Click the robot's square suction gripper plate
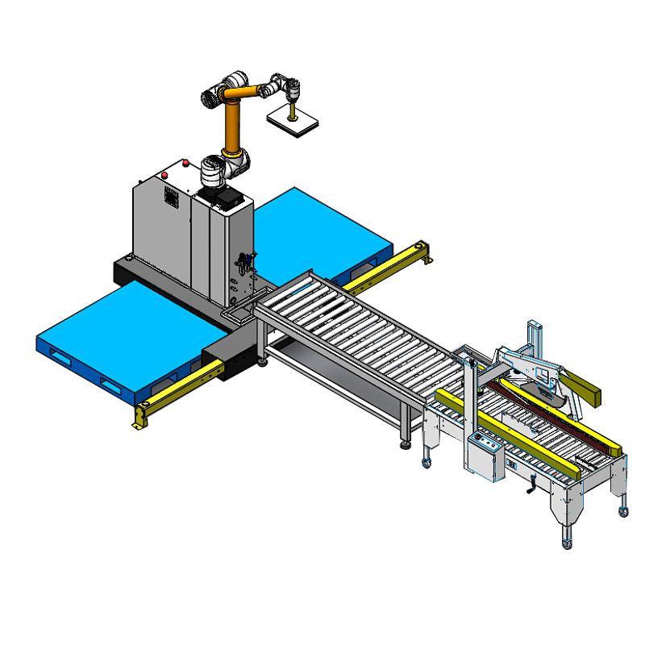point(293,120)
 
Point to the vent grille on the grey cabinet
point(171,198)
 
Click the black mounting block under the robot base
point(225,196)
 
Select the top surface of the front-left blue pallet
point(121,322)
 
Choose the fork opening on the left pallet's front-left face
point(61,354)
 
